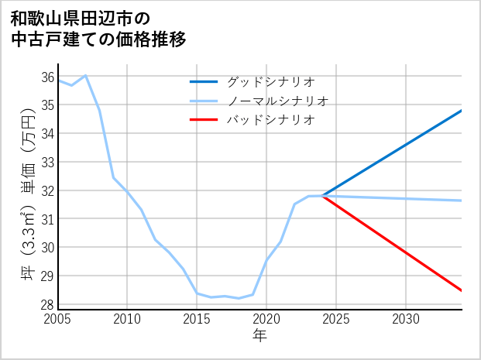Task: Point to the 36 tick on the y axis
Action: pos(47,77)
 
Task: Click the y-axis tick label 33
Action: pos(47,162)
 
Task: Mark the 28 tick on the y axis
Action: pos(47,304)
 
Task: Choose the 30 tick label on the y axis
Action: pos(47,247)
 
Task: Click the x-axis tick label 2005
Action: pos(58,319)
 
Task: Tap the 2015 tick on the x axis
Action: pos(197,319)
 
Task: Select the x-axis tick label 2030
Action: pos(406,319)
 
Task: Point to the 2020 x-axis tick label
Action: pos(266,319)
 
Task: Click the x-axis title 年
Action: pos(259,335)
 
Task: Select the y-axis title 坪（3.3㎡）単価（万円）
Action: pos(29,192)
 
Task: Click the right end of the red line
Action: pos(462,291)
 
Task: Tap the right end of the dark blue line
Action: pos(462,110)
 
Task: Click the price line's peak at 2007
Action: pos(85,75)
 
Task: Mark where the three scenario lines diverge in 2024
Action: pos(322,196)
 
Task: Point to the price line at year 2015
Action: pos(197,293)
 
